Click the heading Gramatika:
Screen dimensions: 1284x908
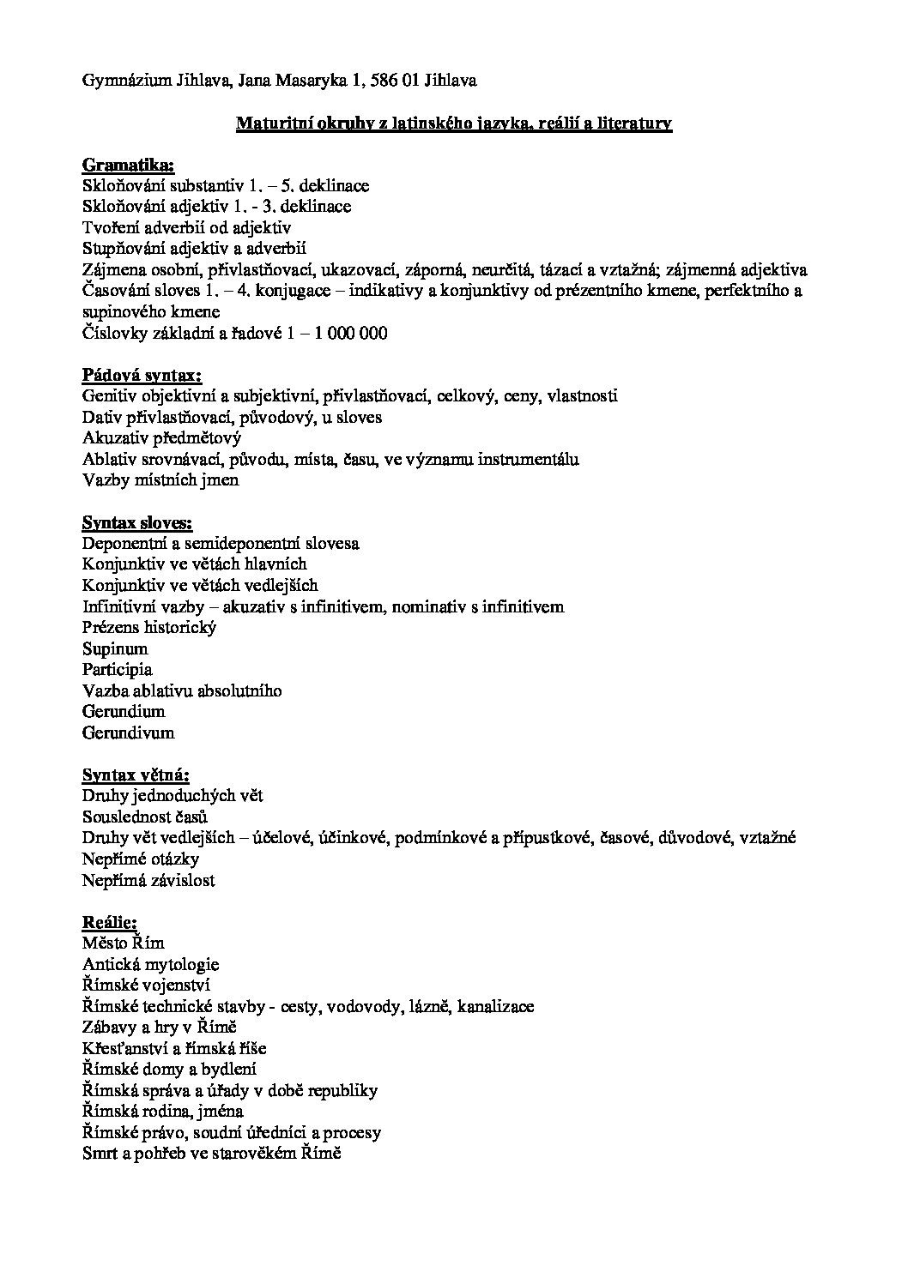[128, 165]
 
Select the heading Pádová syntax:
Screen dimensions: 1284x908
[142, 375]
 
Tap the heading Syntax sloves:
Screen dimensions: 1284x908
[137, 522]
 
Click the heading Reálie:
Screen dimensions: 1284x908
[110, 923]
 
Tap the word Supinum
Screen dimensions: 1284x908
[115, 648]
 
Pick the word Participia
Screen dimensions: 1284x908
[118, 670]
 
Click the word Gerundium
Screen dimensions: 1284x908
[124, 712]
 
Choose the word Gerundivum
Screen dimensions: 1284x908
[128, 733]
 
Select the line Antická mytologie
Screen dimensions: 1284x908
[151, 965]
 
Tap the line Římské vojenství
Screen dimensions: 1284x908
[146, 986]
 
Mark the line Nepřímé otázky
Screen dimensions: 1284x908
[141, 859]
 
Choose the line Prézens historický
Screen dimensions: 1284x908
[149, 628]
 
